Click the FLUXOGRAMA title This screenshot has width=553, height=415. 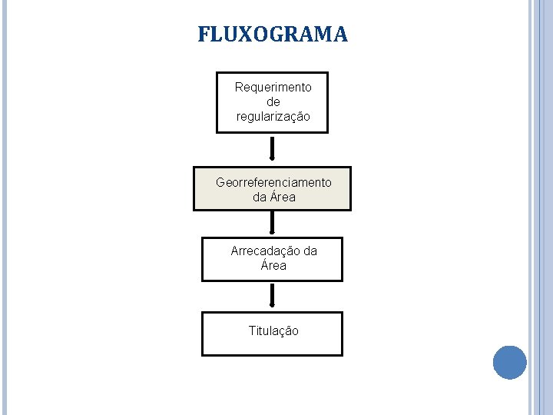pyautogui.click(x=273, y=35)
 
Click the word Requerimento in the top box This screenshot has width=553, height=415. pyautogui.click(x=273, y=88)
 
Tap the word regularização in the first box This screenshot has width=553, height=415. pyautogui.click(x=273, y=117)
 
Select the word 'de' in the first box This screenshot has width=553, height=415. pyautogui.click(x=273, y=102)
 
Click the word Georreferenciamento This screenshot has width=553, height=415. pyautogui.click(x=273, y=183)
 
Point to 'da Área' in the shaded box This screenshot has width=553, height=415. pyautogui.click(x=273, y=198)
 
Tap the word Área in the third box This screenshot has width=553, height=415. pyautogui.click(x=273, y=266)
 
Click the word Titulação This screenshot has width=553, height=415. pyautogui.click(x=273, y=331)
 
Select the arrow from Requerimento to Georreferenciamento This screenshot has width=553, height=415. pyautogui.click(x=272, y=149)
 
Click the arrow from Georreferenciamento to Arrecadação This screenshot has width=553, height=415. pyautogui.click(x=272, y=222)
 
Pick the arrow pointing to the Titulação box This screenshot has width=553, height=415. pyautogui.click(x=272, y=296)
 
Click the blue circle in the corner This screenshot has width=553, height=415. pyautogui.click(x=509, y=362)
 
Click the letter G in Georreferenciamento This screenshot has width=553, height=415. pyautogui.click(x=221, y=183)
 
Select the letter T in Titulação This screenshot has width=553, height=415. pyautogui.click(x=252, y=331)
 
